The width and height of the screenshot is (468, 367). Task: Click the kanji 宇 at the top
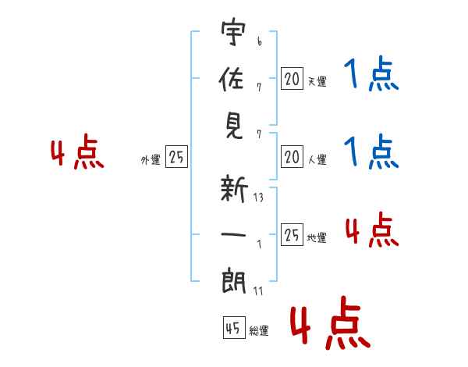coord(233,32)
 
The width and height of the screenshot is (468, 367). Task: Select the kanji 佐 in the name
coord(232,79)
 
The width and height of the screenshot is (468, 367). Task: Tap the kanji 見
coord(234,126)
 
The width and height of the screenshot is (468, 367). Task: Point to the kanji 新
coord(234,189)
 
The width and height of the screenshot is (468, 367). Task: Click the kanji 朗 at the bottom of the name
coord(234,281)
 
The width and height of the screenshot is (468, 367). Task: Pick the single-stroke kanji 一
coord(233,234)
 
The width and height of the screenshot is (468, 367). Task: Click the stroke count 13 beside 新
coord(258,198)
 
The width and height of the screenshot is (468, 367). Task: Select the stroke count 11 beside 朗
coord(258,290)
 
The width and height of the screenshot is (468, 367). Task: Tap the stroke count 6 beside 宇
coord(260,41)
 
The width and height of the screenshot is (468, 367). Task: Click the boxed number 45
coord(234,327)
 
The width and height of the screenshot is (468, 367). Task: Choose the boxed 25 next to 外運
coord(176,156)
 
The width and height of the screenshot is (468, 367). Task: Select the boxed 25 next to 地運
coord(292,234)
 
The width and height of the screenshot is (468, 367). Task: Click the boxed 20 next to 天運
coord(292,79)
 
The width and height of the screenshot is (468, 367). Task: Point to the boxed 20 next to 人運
coord(292,157)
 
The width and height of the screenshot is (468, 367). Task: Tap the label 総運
coord(259,330)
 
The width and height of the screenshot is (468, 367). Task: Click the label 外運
coord(151,160)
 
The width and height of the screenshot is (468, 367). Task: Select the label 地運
coord(317,238)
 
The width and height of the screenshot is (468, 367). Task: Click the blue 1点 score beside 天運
coord(371,73)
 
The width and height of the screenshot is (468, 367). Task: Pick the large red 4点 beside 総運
coord(331,323)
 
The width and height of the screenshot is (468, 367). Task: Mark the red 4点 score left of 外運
coord(77,151)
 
